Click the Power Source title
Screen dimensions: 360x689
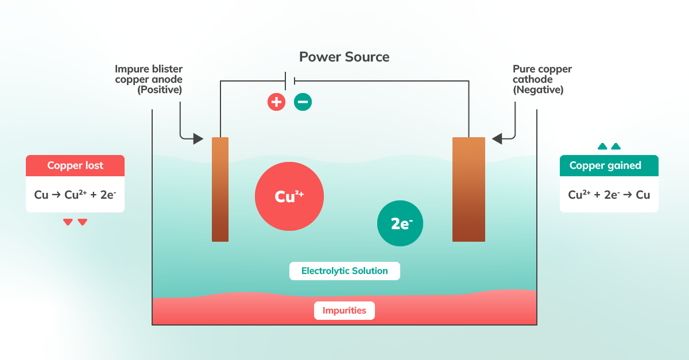pyautogui.click(x=344, y=57)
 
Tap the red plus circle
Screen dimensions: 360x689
pyautogui.click(x=276, y=102)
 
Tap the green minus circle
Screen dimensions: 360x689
pyautogui.click(x=303, y=102)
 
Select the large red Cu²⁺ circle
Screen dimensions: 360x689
pyautogui.click(x=289, y=196)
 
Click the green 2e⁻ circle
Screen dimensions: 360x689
pyautogui.click(x=400, y=224)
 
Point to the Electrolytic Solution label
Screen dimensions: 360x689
pyautogui.click(x=344, y=271)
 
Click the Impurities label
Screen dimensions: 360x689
pyautogui.click(x=344, y=311)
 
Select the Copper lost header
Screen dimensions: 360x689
pyautogui.click(x=75, y=165)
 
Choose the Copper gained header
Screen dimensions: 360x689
pyautogui.click(x=609, y=165)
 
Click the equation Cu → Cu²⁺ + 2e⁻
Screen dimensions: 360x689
pyautogui.click(x=75, y=195)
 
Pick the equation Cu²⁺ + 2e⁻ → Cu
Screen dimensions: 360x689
pyautogui.click(x=609, y=195)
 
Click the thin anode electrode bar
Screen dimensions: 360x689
pyautogui.click(x=220, y=189)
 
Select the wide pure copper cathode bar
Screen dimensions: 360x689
pyautogui.click(x=469, y=189)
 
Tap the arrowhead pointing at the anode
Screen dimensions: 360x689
pyautogui.click(x=198, y=138)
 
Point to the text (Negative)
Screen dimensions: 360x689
pyautogui.click(x=538, y=90)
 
